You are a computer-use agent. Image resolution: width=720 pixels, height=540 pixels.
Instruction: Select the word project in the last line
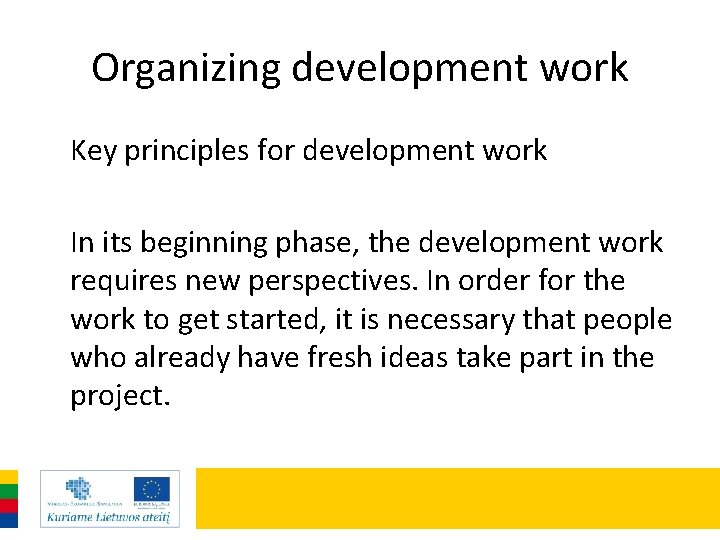pos(117,396)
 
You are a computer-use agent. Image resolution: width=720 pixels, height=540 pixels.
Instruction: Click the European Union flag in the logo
pos(152,489)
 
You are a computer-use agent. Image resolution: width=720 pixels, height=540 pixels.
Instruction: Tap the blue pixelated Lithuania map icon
pos(77,487)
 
